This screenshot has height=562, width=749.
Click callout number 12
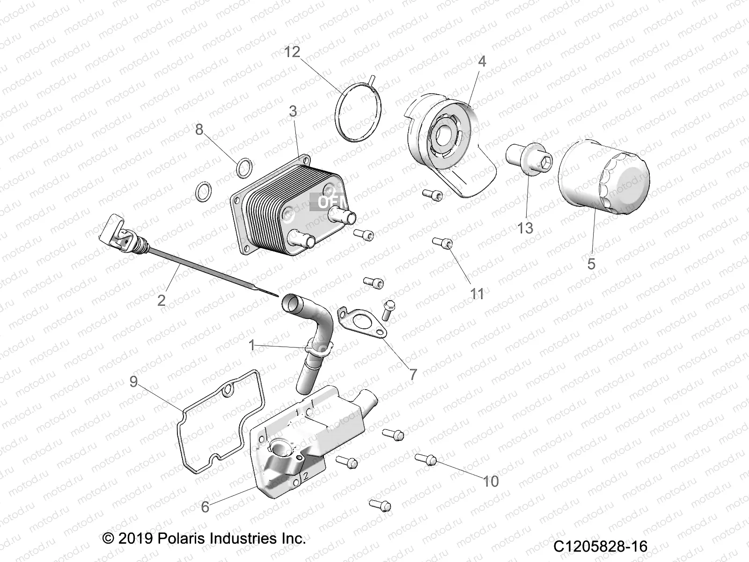pos(292,52)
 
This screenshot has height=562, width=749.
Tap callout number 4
pos(482,61)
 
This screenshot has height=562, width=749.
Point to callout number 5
pos(591,264)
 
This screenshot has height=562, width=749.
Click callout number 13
pos(525,228)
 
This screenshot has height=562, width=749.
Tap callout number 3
pos(293,111)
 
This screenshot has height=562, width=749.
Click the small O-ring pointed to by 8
pos(244,168)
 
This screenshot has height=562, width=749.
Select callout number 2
pos(162,300)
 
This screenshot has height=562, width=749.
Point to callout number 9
pos(134,382)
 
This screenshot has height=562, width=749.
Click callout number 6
pos(205,507)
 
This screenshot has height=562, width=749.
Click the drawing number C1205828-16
pos(600,547)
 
